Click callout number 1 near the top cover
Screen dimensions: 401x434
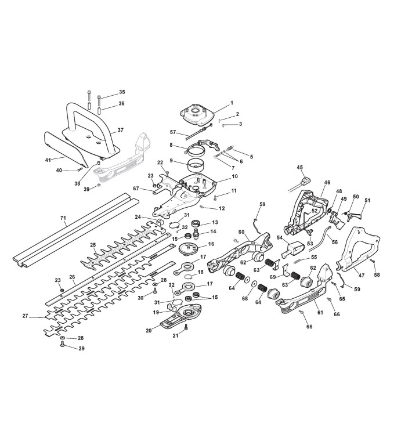[232, 103]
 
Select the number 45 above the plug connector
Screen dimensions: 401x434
[300, 168]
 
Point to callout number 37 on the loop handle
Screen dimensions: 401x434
[121, 131]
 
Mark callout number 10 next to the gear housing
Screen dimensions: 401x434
[234, 176]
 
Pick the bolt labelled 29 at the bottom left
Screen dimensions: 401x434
[62, 345]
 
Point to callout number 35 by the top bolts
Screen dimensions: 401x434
[122, 92]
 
